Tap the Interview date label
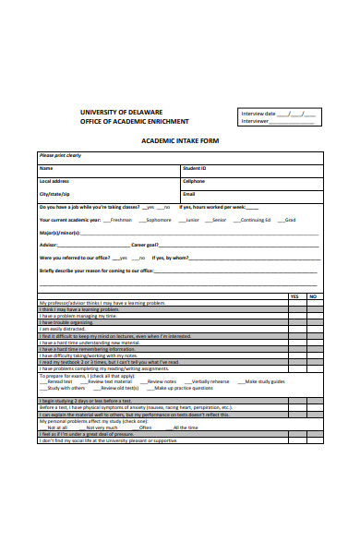[x=258, y=113]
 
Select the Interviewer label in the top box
[x=255, y=121]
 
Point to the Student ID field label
[x=195, y=168]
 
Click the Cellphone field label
[x=193, y=181]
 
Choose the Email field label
[x=188, y=195]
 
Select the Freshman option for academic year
[x=120, y=221]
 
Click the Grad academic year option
[x=290, y=221]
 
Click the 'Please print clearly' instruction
[x=60, y=155]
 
